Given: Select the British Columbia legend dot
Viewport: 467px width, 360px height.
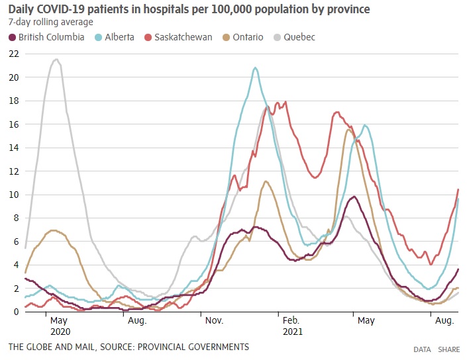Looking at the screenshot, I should click(x=12, y=37).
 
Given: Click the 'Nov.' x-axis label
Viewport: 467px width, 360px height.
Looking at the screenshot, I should click(x=215, y=320).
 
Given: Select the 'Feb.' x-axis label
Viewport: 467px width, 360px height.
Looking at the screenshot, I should click(x=291, y=320).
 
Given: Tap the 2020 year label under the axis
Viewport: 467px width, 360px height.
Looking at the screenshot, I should click(x=60, y=330).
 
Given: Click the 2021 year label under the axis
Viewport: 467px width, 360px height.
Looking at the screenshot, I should click(x=292, y=330).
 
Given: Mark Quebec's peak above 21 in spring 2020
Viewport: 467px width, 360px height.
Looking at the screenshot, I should click(x=56, y=60).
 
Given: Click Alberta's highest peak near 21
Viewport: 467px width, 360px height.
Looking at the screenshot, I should click(x=255, y=67).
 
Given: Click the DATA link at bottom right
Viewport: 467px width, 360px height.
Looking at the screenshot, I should click(x=422, y=349).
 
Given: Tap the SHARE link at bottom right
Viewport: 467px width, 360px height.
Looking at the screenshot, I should click(x=448, y=349).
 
